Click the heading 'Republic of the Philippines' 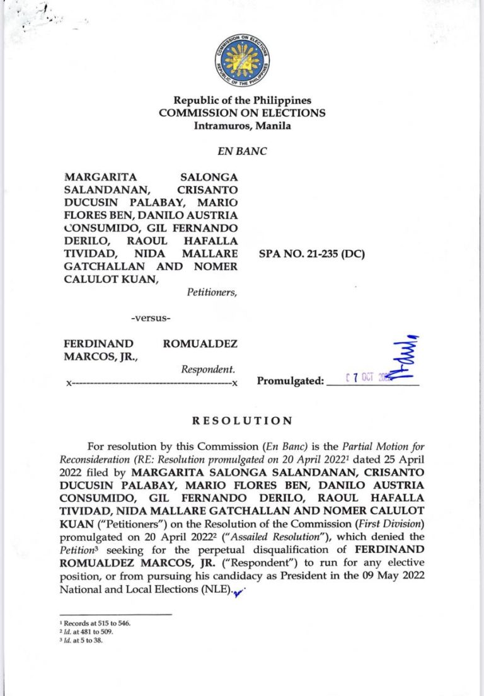[x=242, y=100]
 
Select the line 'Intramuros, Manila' [x=242, y=125]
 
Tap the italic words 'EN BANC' [x=242, y=151]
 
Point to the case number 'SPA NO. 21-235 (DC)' [x=312, y=254]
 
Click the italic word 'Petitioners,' [x=212, y=292]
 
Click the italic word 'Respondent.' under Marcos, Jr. [x=208, y=369]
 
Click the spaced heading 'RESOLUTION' [x=242, y=420]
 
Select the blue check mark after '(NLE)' [x=238, y=591]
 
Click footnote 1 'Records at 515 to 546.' [x=95, y=624]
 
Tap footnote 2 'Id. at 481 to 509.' [x=89, y=632]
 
